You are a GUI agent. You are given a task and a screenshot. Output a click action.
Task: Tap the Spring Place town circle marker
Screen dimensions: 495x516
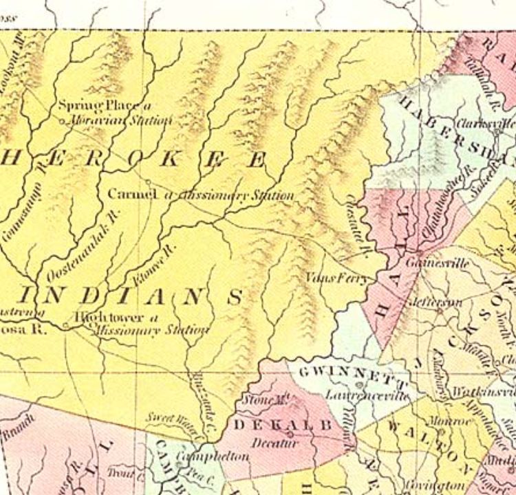tap(63, 122)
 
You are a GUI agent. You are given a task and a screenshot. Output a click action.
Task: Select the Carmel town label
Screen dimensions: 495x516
tap(133, 195)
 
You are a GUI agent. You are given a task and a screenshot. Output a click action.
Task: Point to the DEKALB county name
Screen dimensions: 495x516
tap(283, 426)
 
